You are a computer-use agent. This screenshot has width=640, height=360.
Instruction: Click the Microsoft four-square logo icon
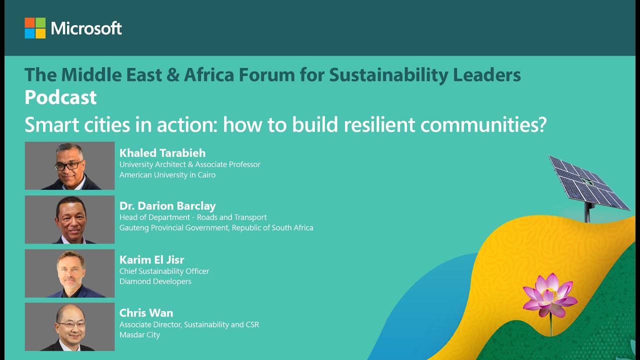point(35,28)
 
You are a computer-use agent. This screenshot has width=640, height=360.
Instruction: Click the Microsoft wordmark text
point(86,28)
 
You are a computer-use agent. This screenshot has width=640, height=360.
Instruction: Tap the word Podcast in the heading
point(60,97)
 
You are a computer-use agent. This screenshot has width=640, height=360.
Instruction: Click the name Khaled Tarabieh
point(162,153)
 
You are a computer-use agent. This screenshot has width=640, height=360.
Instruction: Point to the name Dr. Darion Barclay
point(167,206)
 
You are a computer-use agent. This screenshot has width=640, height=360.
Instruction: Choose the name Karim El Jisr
point(151,259)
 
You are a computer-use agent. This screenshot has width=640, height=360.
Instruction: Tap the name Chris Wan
point(146,313)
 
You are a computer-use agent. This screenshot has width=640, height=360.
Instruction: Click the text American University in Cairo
point(167,175)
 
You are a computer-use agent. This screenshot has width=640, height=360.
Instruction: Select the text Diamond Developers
point(155,281)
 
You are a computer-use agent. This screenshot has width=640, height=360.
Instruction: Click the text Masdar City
point(139,335)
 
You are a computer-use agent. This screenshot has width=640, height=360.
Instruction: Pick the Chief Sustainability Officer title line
point(164,271)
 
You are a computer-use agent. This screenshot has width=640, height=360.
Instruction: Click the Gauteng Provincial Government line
point(216,228)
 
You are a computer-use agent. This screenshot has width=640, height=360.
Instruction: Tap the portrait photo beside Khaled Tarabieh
point(69,165)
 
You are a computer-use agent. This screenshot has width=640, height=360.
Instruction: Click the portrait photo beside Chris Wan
point(69,326)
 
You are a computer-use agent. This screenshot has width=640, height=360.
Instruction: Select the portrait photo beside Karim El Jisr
point(69,273)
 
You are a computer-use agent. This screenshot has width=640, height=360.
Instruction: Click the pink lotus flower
point(549,295)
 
